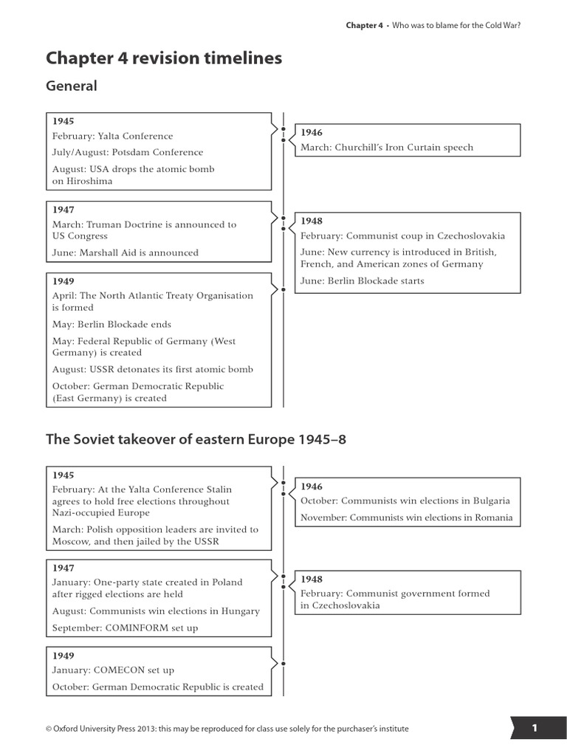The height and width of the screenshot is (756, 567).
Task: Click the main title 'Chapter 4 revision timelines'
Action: (x=164, y=58)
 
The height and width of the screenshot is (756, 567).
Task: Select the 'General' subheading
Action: (x=72, y=86)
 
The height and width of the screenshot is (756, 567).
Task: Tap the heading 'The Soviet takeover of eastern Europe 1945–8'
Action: (x=196, y=439)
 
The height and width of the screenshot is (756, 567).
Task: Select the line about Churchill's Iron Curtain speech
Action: (x=387, y=147)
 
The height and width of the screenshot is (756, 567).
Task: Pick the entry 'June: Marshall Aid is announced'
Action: (x=126, y=252)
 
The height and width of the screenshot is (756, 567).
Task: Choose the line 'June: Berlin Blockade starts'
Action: (x=362, y=281)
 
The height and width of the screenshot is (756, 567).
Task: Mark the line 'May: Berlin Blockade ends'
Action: (x=111, y=324)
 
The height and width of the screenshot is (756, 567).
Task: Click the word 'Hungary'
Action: (x=238, y=611)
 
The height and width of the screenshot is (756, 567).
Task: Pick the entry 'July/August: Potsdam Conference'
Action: (x=128, y=152)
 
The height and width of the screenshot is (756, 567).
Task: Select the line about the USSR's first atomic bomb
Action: (x=153, y=369)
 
